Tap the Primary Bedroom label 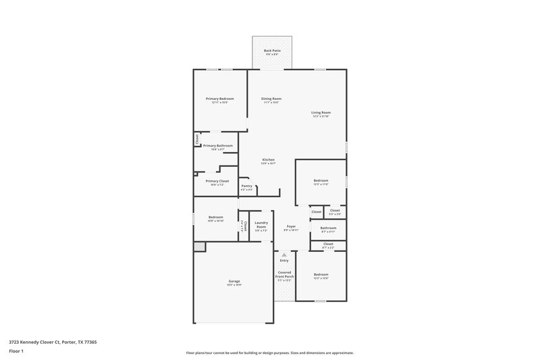coord(220,99)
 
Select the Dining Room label coord(271,99)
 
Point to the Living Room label coord(321,112)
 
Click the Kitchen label coord(268,160)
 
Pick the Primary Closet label coord(217,181)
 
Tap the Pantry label coord(246,186)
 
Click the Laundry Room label coord(261,225)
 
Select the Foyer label coord(291,226)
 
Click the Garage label coord(234,281)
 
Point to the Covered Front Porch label coord(284,274)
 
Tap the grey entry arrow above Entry coord(284,255)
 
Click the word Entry coord(284,260)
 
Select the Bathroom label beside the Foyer coord(319,228)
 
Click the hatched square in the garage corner coord(199,247)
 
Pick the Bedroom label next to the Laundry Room coord(215,217)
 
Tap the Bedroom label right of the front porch coord(321,274)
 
